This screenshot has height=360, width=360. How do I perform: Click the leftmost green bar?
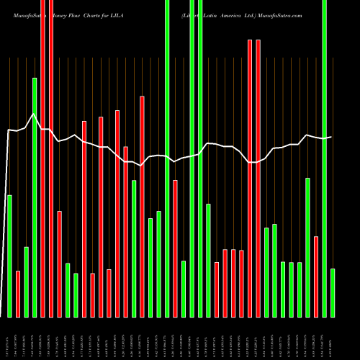pos(9,256)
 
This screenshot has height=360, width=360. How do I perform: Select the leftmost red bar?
pos(18,294)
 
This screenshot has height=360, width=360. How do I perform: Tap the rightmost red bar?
pos(316,276)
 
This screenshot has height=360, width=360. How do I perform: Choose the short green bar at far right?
pos(333,292)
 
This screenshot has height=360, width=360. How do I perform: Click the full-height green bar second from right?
pos(324,158)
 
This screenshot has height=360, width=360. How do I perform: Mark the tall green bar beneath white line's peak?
pos(35,197)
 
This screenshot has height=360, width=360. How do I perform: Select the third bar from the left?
pos(26,282)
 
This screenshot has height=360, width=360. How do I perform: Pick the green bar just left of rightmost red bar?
pos(307,247)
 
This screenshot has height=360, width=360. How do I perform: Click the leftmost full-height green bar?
pos(167,158)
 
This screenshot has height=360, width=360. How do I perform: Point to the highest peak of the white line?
pos(33,114)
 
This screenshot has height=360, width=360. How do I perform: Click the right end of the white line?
pos(331,137)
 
